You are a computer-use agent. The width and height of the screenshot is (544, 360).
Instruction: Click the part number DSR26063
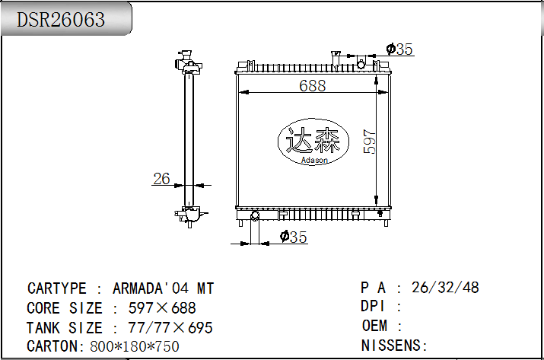[x=62, y=19]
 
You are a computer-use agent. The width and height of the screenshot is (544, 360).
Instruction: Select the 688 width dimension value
[x=312, y=86]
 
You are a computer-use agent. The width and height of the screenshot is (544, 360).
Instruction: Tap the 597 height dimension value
[x=370, y=142]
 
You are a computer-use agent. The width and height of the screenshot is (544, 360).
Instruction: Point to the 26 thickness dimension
[x=161, y=179]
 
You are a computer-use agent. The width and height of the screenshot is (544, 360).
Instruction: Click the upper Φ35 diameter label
[x=399, y=49]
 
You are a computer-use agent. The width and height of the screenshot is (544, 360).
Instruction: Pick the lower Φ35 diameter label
[x=293, y=237]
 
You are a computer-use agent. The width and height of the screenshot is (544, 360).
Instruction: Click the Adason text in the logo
[x=315, y=160]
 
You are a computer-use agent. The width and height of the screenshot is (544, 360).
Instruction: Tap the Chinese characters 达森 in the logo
[x=315, y=142]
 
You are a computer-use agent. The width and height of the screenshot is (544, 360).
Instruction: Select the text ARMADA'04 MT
[x=163, y=288]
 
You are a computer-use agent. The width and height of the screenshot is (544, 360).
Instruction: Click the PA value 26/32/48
[x=444, y=288]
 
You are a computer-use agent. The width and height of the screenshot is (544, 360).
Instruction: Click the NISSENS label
[x=394, y=346]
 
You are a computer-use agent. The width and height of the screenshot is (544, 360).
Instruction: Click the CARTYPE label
[x=57, y=288]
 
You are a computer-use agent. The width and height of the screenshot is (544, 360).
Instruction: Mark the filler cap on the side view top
[x=185, y=59]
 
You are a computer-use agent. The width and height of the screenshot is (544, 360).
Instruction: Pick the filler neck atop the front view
[x=335, y=57]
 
